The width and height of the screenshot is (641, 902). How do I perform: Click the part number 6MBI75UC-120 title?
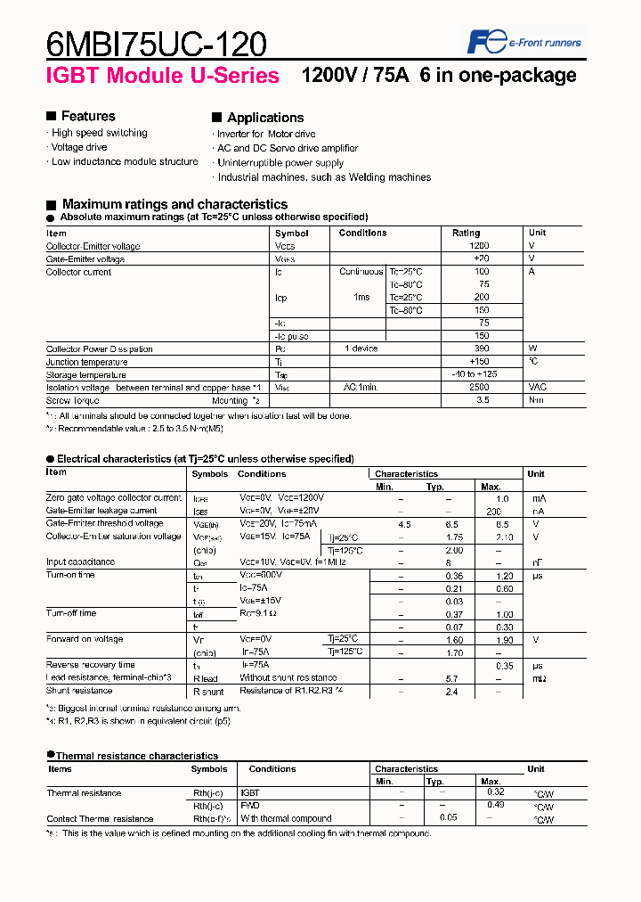156,42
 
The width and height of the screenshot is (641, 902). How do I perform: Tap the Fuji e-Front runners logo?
524,42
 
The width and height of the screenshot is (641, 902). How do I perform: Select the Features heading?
87,116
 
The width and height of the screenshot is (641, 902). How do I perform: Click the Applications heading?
264,118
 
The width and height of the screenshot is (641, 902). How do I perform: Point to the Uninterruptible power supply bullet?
280,163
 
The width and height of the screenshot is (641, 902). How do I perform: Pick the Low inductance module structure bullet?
124,161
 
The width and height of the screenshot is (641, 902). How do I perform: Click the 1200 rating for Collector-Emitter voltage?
479,246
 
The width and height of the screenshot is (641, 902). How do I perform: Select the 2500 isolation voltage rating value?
478,388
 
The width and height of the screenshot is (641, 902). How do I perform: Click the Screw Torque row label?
73,401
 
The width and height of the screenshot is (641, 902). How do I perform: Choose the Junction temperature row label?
86,362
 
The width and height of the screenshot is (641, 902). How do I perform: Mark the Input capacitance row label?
80,562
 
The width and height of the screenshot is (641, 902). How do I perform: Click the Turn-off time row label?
71,613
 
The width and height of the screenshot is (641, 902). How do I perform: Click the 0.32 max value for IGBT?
496,791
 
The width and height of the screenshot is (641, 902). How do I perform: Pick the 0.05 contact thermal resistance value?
448,817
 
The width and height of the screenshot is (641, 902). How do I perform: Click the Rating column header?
466,233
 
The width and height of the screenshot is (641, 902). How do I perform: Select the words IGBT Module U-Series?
163,77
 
